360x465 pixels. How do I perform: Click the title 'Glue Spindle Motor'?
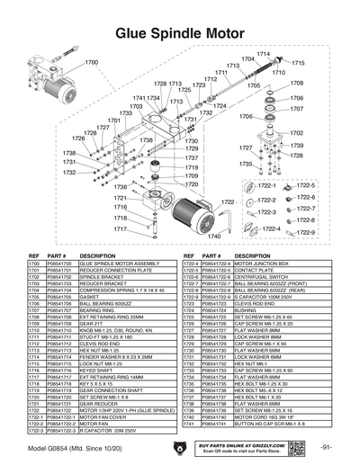click(x=180, y=31)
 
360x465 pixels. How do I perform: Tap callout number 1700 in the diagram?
click(x=92, y=62)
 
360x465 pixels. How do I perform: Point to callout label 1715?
click(x=298, y=63)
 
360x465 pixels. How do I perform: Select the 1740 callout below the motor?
click(x=213, y=237)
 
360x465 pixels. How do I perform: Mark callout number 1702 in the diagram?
click(x=296, y=133)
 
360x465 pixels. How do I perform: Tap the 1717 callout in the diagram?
click(x=120, y=228)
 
